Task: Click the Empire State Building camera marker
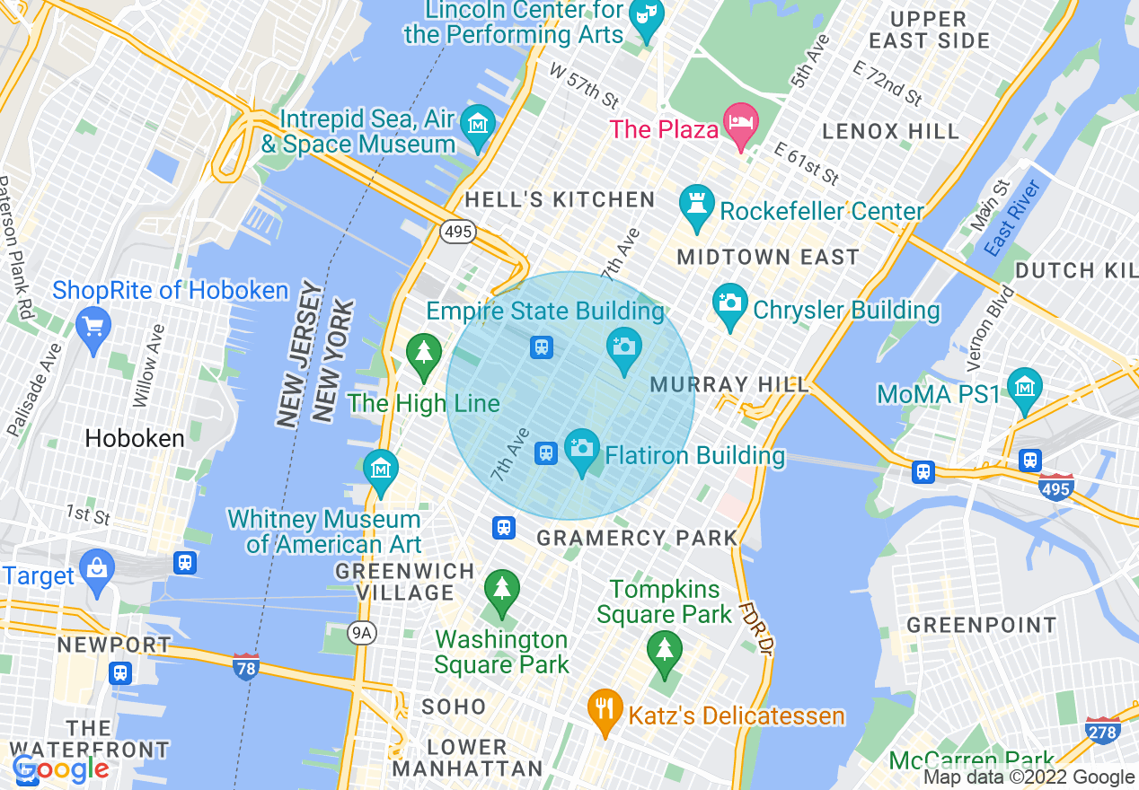coord(623,346)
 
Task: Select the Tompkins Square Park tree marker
coord(664,651)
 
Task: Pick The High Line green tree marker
coord(424,353)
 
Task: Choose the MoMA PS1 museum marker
coord(1024,388)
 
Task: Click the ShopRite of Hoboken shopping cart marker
coord(93,326)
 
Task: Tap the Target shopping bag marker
coord(96,568)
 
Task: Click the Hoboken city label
coord(135,439)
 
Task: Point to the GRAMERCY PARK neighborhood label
coord(636,539)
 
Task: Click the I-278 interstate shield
coord(1101,732)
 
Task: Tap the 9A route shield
coord(361,634)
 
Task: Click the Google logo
coord(60,768)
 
